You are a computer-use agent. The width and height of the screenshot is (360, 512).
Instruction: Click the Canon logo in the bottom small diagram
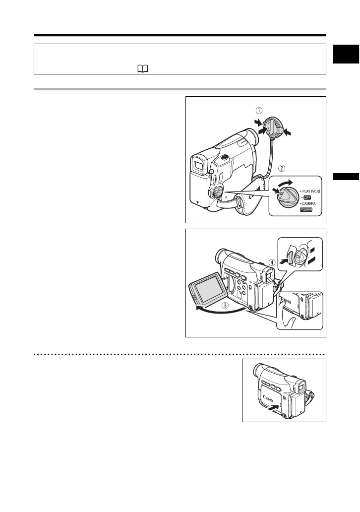(269, 395)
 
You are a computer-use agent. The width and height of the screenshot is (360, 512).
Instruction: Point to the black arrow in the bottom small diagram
(272, 408)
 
